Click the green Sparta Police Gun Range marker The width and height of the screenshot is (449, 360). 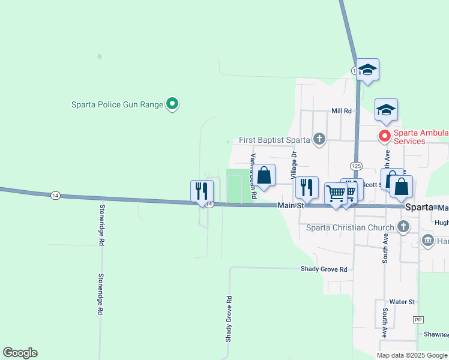[172, 104]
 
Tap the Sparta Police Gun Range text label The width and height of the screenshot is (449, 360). [117, 104]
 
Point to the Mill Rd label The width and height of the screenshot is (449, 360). [340, 111]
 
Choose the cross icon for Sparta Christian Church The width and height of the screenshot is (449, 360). [403, 227]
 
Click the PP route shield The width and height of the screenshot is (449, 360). [419, 320]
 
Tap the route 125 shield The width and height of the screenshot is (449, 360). [356, 164]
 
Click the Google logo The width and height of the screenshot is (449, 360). [20, 353]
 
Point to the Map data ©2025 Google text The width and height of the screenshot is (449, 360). [412, 355]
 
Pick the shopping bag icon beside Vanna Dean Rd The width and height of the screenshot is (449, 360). [264, 175]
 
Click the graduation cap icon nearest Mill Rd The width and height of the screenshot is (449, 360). [386, 109]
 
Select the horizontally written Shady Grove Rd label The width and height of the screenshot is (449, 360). [324, 269]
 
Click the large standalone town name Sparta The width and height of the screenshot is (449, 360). [420, 207]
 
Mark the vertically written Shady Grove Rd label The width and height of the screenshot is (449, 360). [229, 318]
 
